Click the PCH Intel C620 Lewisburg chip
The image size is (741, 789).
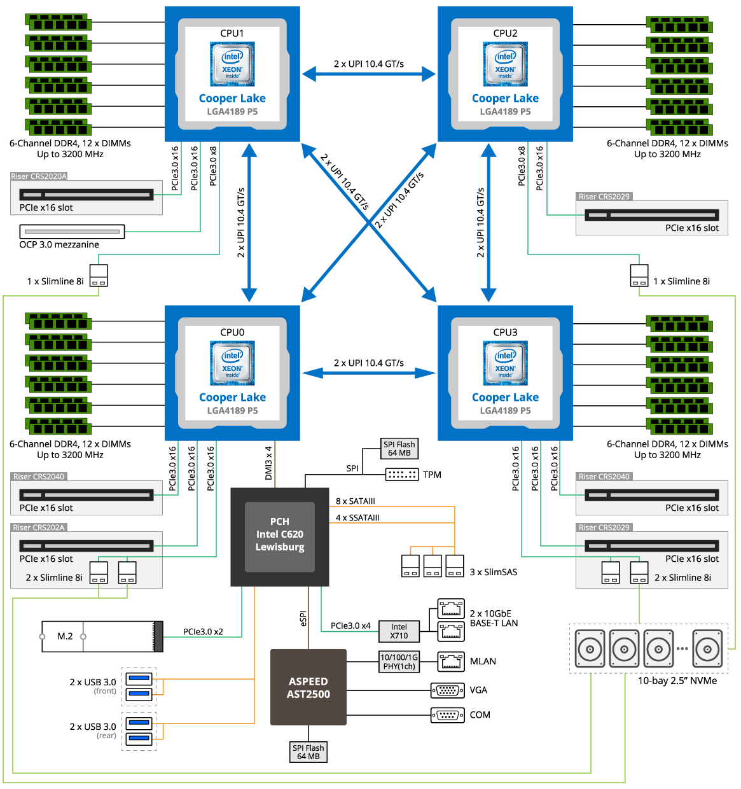tap(280, 535)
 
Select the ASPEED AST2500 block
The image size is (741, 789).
tap(308, 687)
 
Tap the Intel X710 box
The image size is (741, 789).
tap(399, 631)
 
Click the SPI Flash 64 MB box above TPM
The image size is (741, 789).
tap(399, 449)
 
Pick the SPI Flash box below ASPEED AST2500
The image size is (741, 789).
tap(308, 752)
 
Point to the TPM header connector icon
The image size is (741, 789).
tap(402, 475)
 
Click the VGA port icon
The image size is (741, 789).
tap(448, 690)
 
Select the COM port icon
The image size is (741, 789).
tap(448, 715)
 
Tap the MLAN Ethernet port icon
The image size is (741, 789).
tap(451, 662)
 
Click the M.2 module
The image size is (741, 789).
tap(102, 636)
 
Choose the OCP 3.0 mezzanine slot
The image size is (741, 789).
tap(72, 232)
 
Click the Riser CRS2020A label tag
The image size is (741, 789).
tap(39, 177)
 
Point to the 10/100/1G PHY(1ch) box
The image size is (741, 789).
tap(399, 662)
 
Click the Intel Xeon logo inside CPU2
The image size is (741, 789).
tap(505, 64)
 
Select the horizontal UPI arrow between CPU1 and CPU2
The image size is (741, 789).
tap(369, 74)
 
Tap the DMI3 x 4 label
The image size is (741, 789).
tap(268, 463)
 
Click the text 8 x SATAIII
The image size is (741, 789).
tap(356, 501)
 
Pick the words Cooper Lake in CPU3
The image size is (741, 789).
tap(505, 398)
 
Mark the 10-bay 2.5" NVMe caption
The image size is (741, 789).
tap(677, 681)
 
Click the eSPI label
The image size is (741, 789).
tap(303, 618)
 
